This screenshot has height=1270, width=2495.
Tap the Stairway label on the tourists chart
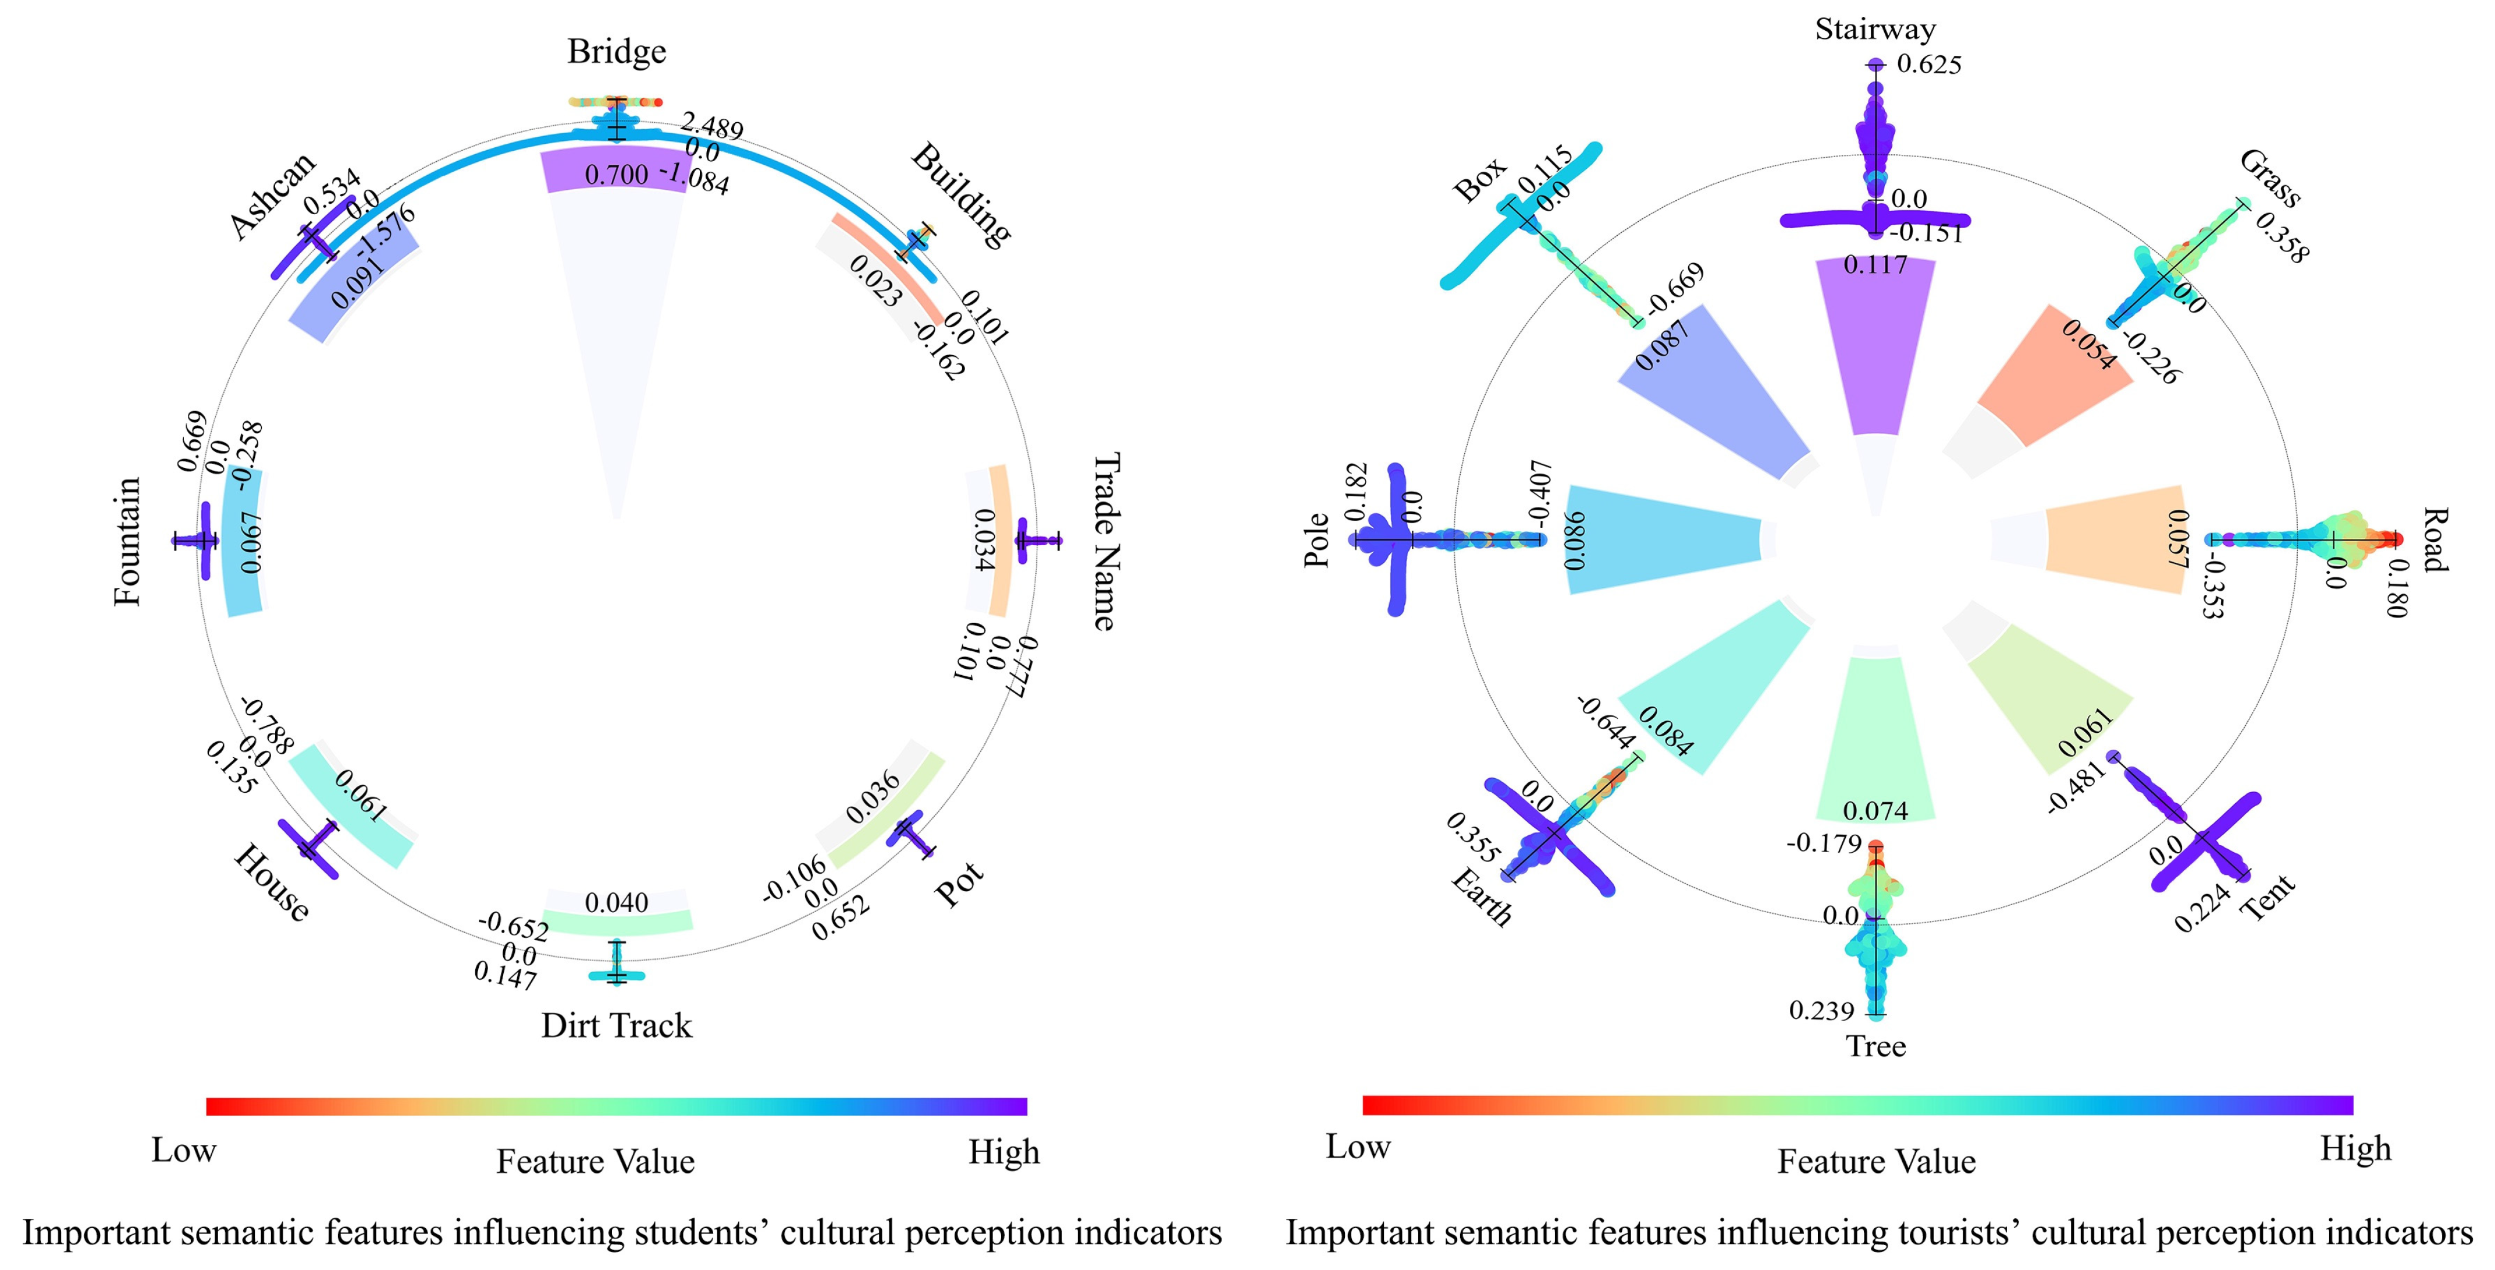1875,29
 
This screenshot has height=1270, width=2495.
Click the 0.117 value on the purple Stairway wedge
1875,264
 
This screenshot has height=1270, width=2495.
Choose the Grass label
2269,179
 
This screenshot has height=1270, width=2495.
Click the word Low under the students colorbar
184,1150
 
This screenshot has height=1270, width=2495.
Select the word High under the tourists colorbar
2355,1149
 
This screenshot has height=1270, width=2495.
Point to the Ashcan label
273,195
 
